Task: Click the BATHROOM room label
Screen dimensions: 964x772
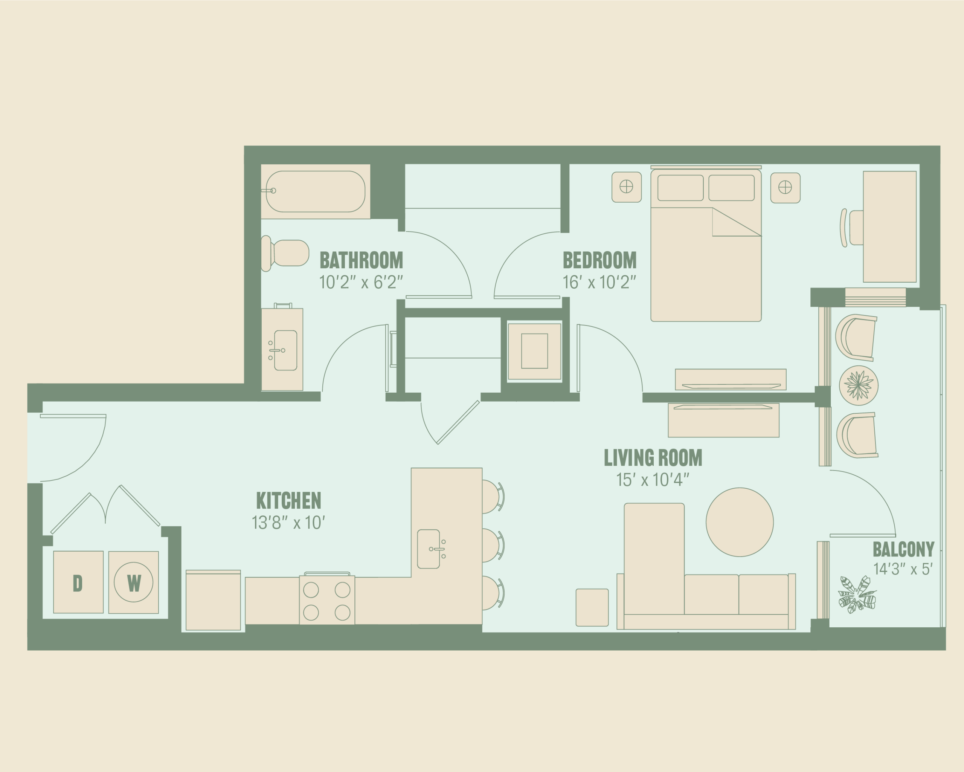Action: click(361, 260)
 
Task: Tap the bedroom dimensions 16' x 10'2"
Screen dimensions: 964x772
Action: click(599, 282)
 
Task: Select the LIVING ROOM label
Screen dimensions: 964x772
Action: click(653, 457)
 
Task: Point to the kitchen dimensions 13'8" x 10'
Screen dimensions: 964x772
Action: click(288, 523)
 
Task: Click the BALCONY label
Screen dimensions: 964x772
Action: click(904, 549)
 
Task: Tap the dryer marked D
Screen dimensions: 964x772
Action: click(78, 582)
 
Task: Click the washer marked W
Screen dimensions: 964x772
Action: click(134, 582)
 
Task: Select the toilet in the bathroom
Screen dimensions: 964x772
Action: click(285, 253)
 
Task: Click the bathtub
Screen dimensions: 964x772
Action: click(315, 191)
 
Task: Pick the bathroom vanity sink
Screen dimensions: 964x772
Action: click(285, 350)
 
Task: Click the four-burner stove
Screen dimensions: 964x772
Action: click(327, 599)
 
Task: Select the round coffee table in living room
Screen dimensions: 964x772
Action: click(740, 522)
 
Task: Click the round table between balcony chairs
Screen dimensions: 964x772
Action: click(859, 385)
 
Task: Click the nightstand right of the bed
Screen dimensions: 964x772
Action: click(785, 188)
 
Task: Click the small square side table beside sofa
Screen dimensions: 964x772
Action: click(592, 607)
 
